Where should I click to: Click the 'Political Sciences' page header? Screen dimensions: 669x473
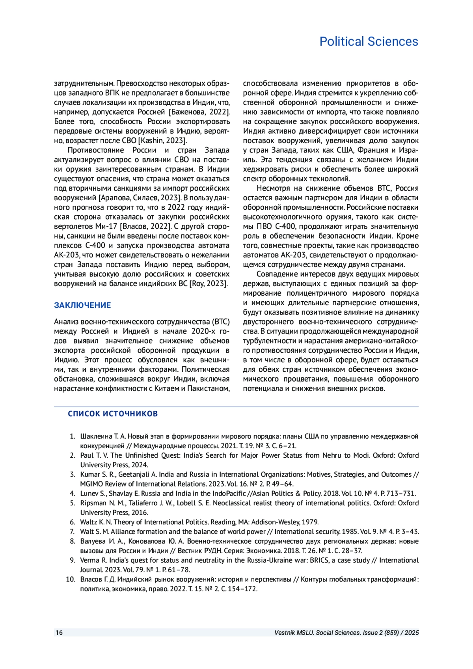click(369, 41)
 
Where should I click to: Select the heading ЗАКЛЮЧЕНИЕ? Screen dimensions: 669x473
click(82, 305)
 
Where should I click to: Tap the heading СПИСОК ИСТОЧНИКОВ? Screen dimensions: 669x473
click(113, 414)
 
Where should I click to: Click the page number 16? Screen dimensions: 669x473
click(59, 633)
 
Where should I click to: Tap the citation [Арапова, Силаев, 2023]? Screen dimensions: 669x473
click(140, 198)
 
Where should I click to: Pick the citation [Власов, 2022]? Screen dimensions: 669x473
click(146, 227)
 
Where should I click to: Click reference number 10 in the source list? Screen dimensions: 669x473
click(71, 580)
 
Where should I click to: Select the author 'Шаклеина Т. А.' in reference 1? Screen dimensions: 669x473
click(103, 436)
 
